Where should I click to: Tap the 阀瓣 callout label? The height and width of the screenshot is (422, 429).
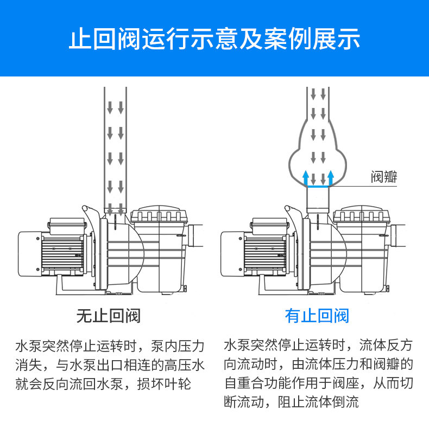[x=384, y=177]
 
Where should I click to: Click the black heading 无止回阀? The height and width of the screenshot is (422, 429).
[x=108, y=316]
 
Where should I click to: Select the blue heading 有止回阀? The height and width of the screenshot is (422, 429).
[x=317, y=316]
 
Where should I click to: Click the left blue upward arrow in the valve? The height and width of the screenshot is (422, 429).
[x=306, y=177]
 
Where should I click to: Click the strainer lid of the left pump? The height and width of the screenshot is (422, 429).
[x=157, y=216]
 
